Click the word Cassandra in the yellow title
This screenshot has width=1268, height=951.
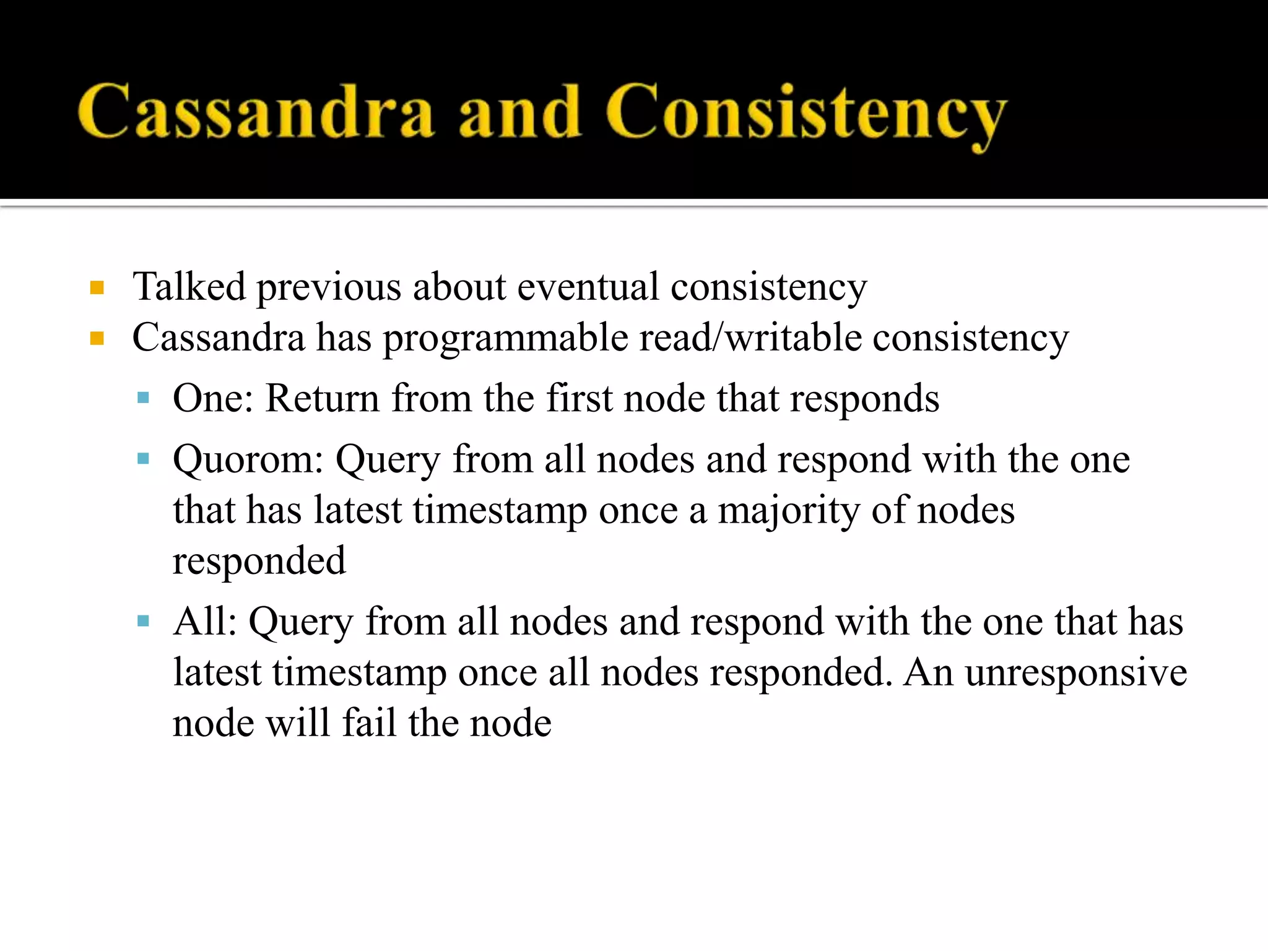[255, 111]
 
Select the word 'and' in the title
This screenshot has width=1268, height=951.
[519, 111]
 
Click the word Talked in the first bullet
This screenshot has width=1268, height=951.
[189, 287]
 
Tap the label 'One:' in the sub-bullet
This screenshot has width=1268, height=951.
[213, 398]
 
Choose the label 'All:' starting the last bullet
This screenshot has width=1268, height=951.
[205, 622]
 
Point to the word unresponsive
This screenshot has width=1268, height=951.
[1075, 673]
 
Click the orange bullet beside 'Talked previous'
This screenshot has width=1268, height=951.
[97, 288]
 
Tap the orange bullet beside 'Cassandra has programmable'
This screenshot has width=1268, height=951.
[97, 339]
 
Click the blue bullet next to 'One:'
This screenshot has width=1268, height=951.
[144, 398]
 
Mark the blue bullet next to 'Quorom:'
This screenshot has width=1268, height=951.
[144, 459]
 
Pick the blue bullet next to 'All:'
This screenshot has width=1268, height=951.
[144, 621]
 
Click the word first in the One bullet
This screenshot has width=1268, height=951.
[580, 398]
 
